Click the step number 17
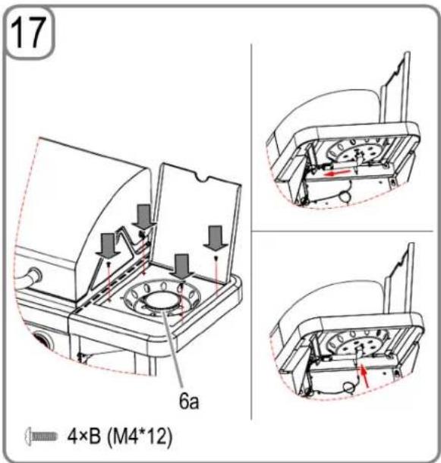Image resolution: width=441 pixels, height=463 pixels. [x=28, y=33]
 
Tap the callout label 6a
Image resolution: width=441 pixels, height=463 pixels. [x=189, y=402]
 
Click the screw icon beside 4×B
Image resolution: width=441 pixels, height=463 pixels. [x=41, y=436]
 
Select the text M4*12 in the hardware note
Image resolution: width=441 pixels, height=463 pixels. [x=138, y=436]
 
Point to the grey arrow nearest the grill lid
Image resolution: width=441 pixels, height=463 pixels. [x=108, y=245]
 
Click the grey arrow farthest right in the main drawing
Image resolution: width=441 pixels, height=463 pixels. [x=216, y=238]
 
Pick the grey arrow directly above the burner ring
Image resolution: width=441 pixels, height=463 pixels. [x=181, y=266]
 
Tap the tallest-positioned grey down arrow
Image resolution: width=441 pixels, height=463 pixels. [x=144, y=216]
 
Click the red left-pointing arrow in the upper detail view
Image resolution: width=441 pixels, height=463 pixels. [x=338, y=172]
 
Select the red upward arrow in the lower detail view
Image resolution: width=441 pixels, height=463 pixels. [x=364, y=375]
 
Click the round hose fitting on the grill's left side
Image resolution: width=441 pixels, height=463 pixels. [x=35, y=276]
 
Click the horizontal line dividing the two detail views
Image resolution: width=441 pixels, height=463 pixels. [x=342, y=231]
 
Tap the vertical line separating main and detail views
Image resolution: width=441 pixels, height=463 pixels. [x=251, y=231]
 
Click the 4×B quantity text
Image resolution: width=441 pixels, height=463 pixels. [x=84, y=436]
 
